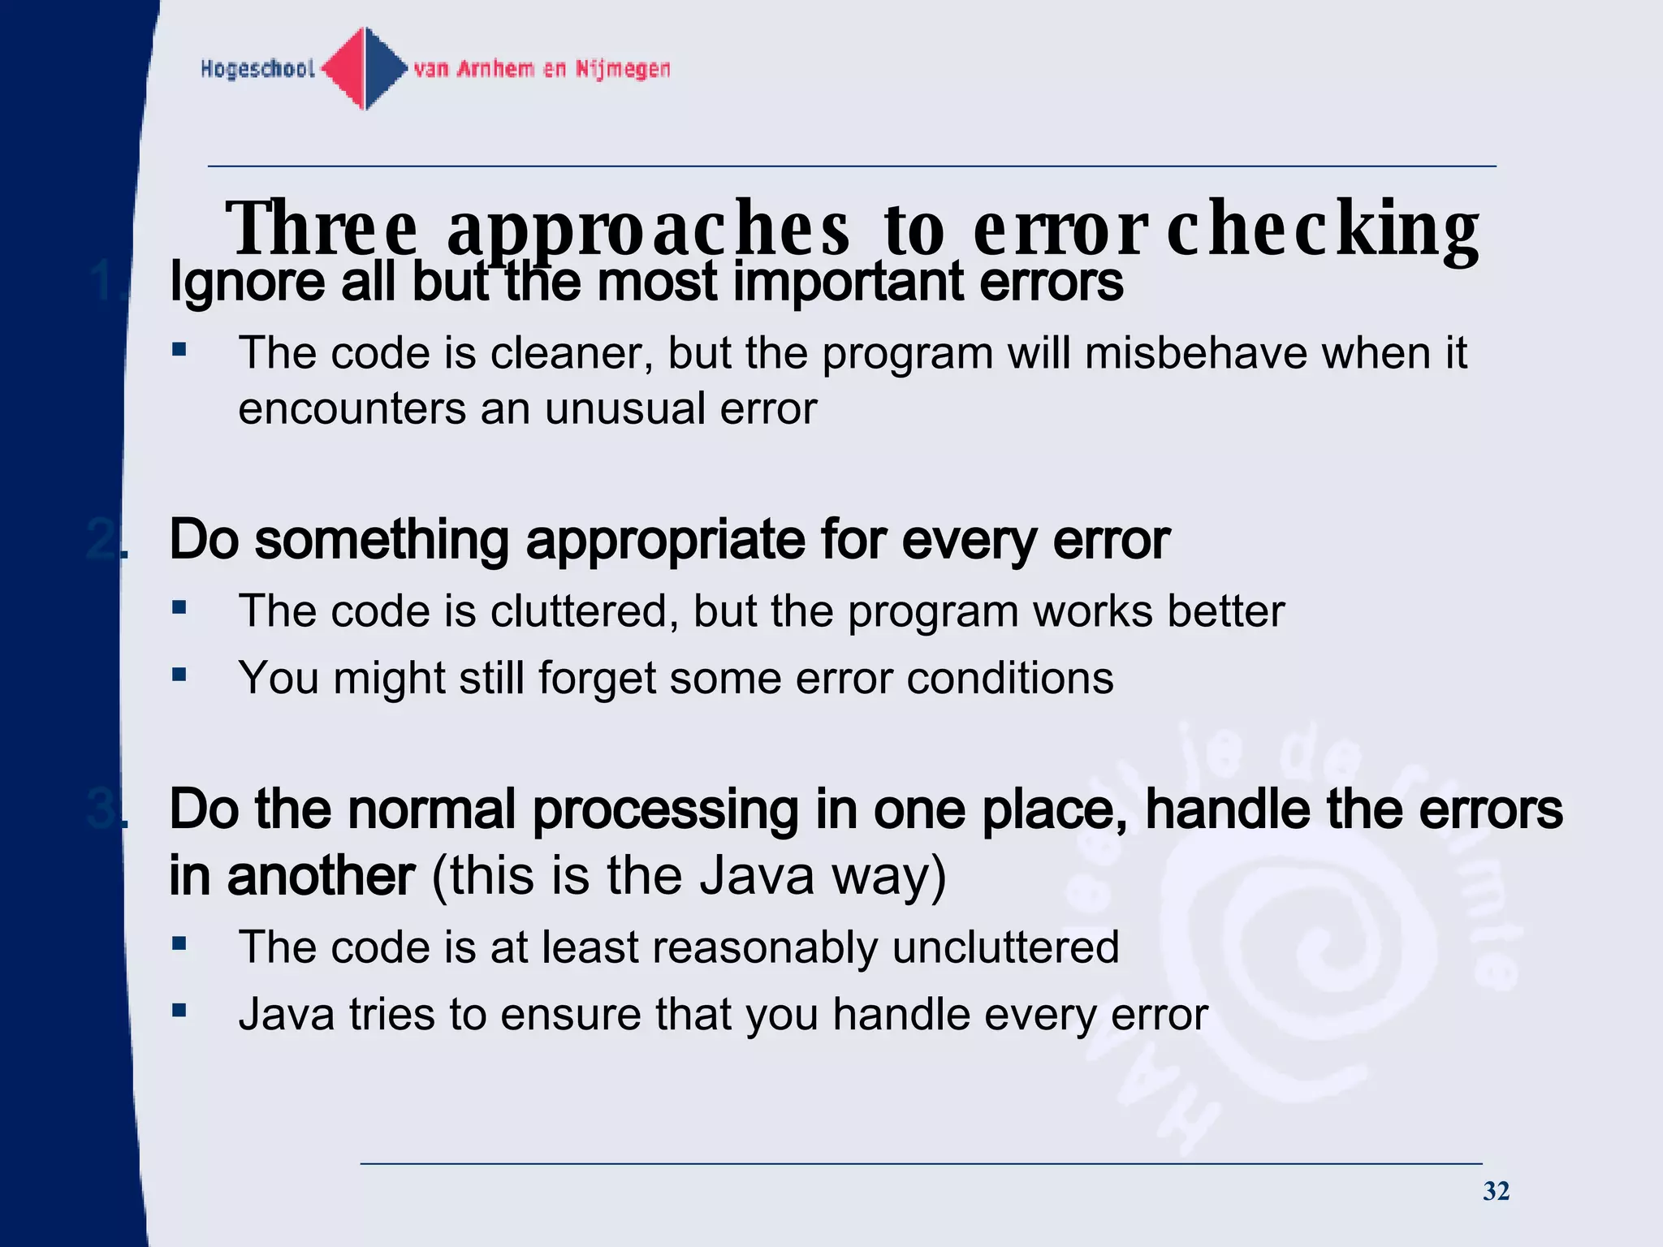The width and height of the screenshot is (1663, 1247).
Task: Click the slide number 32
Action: (1496, 1191)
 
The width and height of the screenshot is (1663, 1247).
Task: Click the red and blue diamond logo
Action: (365, 68)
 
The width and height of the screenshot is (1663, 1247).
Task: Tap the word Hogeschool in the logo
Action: (257, 69)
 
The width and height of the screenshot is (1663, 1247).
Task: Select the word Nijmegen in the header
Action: (623, 69)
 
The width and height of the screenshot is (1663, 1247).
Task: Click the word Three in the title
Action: (322, 228)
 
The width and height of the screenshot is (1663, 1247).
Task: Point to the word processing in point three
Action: (666, 810)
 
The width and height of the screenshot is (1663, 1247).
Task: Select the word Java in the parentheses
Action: (756, 876)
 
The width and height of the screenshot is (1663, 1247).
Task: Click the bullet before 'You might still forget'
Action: (179, 674)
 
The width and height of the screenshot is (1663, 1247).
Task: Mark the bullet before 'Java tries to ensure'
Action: (179, 1011)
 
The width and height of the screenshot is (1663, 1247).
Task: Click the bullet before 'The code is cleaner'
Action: (179, 350)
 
